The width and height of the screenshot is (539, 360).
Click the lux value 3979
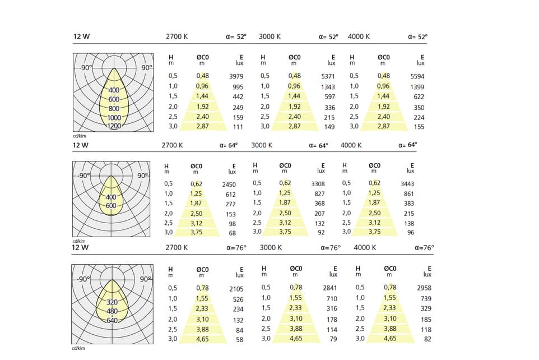(236, 76)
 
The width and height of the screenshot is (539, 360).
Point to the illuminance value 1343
(328, 87)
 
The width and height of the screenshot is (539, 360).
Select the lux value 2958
(424, 288)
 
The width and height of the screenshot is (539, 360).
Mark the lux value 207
(320, 214)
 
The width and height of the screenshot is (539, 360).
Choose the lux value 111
(238, 127)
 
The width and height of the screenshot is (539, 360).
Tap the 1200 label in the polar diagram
(114, 126)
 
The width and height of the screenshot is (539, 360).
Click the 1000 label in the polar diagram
(114, 118)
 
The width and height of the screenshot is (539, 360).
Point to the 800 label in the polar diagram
(114, 108)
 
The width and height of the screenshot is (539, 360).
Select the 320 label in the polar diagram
(112, 302)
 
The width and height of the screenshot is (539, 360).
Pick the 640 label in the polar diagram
(112, 320)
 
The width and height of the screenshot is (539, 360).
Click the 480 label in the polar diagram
(112, 311)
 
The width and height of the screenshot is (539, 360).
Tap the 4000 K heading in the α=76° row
(365, 247)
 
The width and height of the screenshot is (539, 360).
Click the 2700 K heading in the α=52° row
(177, 36)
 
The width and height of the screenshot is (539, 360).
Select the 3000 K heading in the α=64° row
(262, 145)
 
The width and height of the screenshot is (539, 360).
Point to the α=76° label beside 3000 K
(330, 247)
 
